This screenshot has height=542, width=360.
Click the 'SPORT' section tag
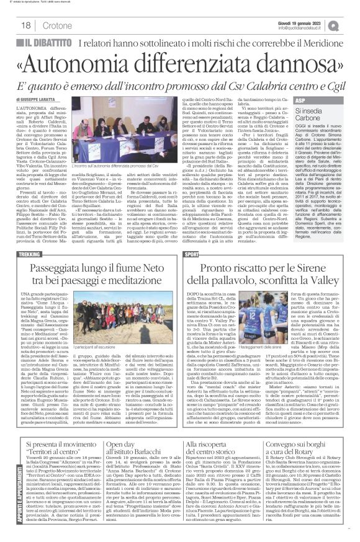(192, 221)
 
